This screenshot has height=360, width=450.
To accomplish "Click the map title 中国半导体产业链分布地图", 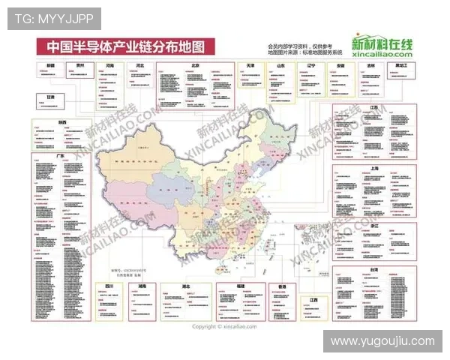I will (125, 46).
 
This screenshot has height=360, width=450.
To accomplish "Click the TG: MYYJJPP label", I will (54, 18).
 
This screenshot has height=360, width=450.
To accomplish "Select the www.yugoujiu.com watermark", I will (383, 341).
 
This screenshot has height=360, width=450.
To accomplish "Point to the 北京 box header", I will (194, 65).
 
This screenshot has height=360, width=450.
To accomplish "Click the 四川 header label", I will (109, 286).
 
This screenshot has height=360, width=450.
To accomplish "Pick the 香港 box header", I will (282, 286).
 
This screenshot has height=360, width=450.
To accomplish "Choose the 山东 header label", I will (280, 66).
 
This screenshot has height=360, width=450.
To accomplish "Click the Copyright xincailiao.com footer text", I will (224, 326).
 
